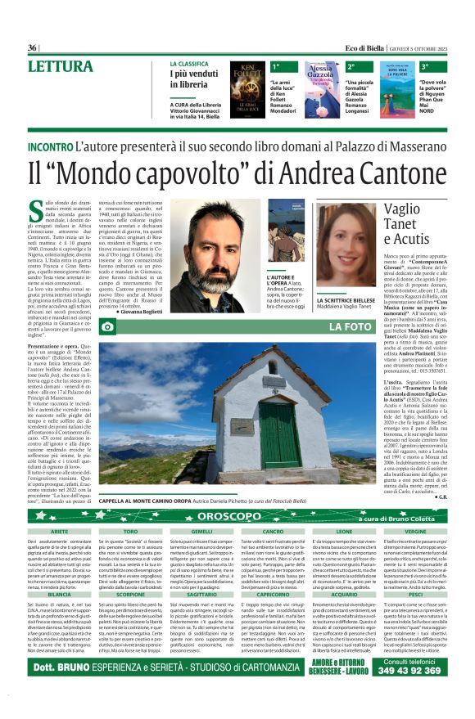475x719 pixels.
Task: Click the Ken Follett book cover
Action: coord(247,90)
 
